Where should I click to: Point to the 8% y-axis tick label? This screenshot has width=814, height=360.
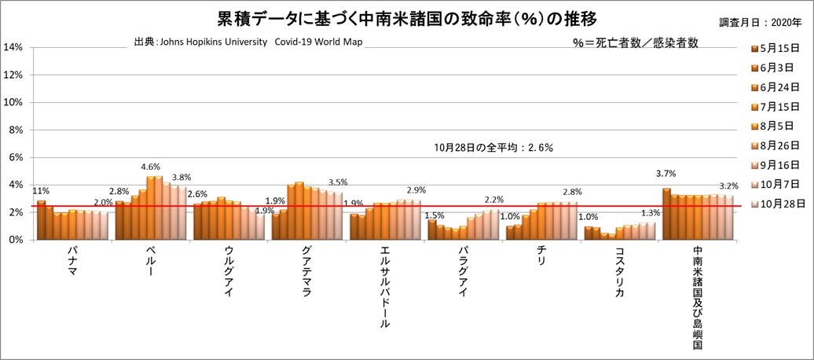tap(16, 130)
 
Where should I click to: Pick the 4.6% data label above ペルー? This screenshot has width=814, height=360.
tap(151, 167)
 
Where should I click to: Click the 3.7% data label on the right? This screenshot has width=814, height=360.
tap(666, 174)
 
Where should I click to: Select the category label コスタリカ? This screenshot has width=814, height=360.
tap(620, 271)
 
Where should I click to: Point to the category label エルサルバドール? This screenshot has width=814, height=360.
tap(385, 287)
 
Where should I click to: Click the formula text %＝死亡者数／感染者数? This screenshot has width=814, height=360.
tap(636, 43)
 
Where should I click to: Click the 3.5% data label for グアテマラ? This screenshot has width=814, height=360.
tap(338, 182)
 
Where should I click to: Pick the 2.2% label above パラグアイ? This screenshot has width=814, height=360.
tap(494, 200)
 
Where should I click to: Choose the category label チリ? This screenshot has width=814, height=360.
tap(541, 256)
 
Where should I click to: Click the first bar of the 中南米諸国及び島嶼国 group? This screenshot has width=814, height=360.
tap(666, 213)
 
